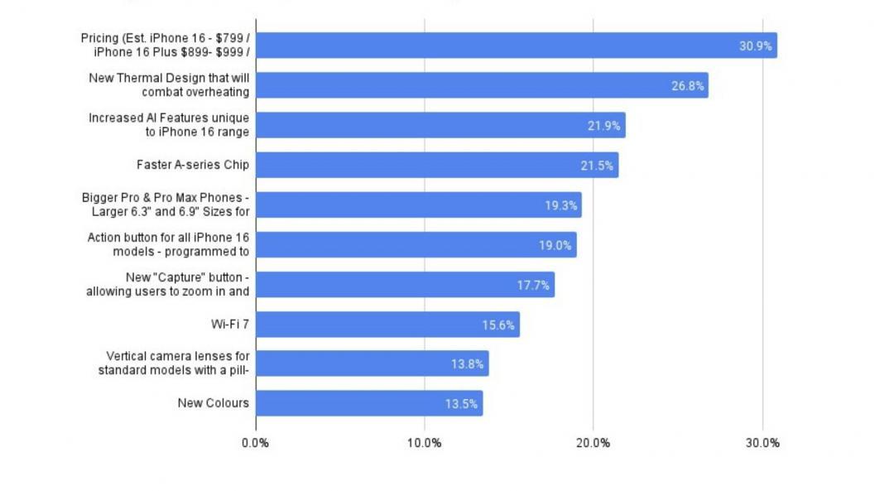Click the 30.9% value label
coord(755,46)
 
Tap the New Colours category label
coord(213,403)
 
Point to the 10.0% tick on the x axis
coord(424,443)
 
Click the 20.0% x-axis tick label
coord(593,443)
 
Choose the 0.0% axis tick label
coord(255,443)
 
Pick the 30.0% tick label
coord(762,443)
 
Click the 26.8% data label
coord(687,86)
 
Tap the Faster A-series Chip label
coord(192,165)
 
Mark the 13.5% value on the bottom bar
coord(461,405)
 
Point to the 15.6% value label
coord(500,325)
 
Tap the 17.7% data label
coord(534,286)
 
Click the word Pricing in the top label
coord(100,38)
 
